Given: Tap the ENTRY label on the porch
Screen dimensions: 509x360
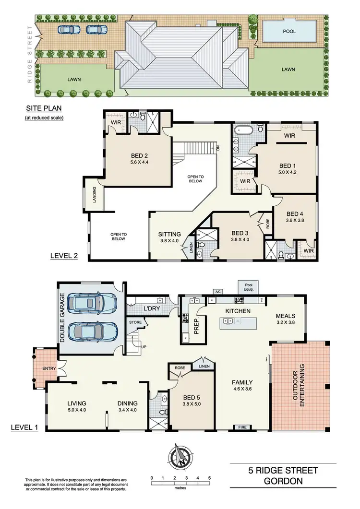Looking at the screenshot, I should pos(49,368).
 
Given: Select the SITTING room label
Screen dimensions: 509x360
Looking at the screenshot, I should pos(169,235).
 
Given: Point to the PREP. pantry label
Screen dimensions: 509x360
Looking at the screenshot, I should pos(197,325).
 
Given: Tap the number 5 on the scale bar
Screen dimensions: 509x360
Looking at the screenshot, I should pos(209,478).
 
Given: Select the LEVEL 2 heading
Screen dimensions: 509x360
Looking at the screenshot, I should pos(64,256).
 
